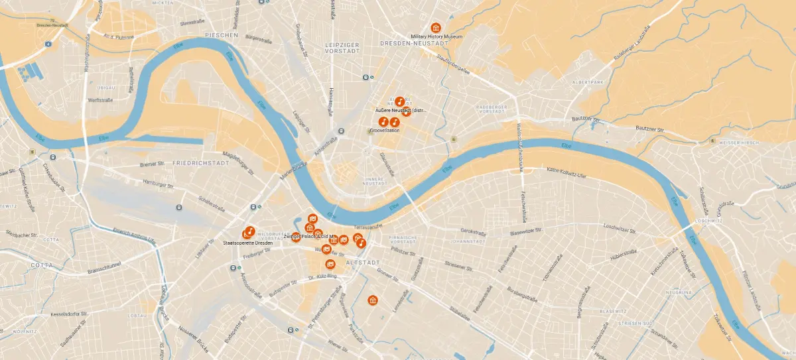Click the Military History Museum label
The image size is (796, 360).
click(x=436, y=36)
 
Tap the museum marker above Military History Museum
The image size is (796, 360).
click(x=436, y=27)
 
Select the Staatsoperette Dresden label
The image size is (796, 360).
click(x=249, y=243)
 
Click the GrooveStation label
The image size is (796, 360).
click(x=384, y=131)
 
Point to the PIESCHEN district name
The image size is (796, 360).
click(x=222, y=34)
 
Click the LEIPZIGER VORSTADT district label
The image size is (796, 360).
click(x=342, y=47)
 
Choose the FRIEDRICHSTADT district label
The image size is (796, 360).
click(x=200, y=162)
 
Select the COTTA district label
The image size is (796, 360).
click(x=41, y=265)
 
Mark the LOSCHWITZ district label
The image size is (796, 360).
click(x=708, y=220)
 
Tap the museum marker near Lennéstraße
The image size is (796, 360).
click(x=373, y=300)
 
